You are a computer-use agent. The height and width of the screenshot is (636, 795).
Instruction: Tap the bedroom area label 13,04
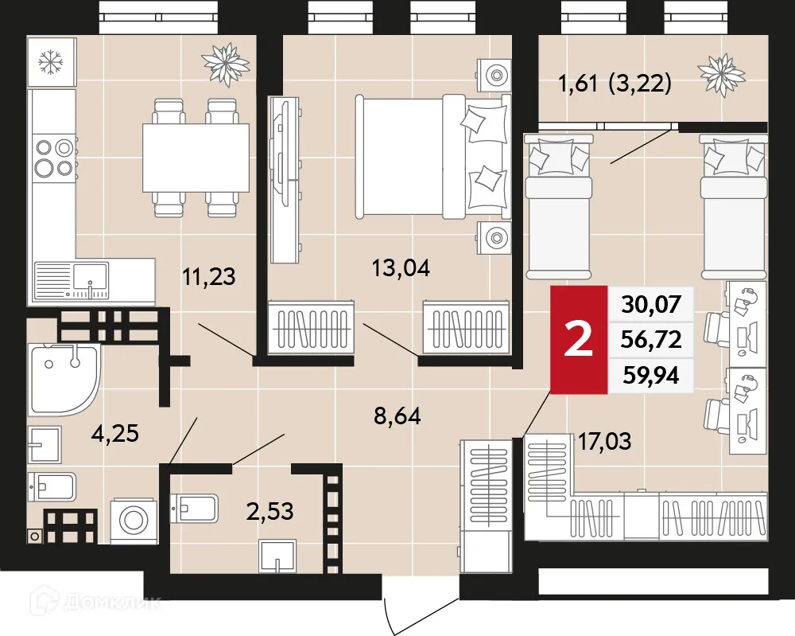[x=401, y=268]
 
